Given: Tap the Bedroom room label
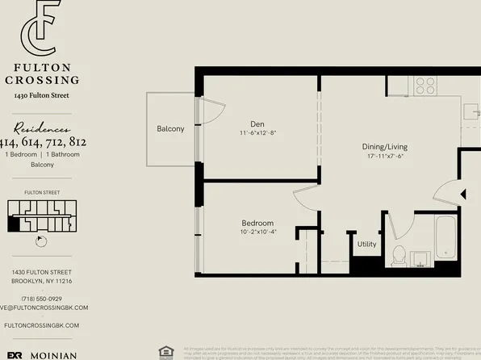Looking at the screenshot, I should click(x=257, y=223).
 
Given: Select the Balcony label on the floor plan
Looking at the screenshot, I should click(x=170, y=129).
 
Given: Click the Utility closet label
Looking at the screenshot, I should click(x=366, y=244).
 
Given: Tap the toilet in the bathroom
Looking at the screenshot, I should click(x=397, y=255).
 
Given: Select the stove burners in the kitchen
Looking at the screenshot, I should click(x=425, y=84).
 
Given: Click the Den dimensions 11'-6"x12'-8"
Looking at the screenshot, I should click(x=258, y=133).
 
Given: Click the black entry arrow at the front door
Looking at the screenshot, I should click(x=462, y=193).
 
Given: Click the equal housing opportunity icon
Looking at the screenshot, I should click(x=166, y=351).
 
